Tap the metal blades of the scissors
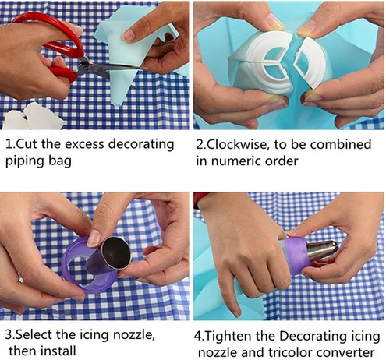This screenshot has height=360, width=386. pyautogui.click(x=109, y=68)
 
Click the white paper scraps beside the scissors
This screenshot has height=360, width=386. pyautogui.click(x=34, y=117)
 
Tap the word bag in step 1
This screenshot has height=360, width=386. pyautogui.click(x=60, y=161)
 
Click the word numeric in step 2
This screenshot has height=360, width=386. pyautogui.click(x=235, y=161)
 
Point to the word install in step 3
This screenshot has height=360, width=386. pyautogui.click(x=58, y=351)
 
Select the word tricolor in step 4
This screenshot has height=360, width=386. pyautogui.click(x=289, y=353)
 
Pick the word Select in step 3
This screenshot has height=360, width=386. pyautogui.click(x=33, y=334)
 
